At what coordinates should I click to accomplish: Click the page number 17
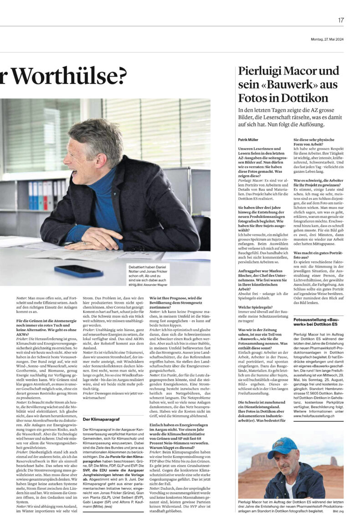click(341, 20)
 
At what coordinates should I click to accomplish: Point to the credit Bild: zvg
click(338, 512)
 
